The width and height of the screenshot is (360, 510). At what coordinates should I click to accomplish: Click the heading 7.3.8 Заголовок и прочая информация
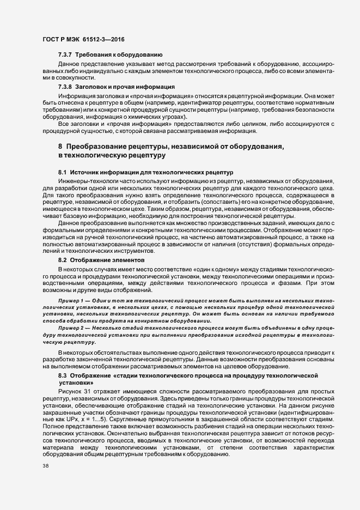coord(116,87)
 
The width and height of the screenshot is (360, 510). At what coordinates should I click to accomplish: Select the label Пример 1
coord(72,300)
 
